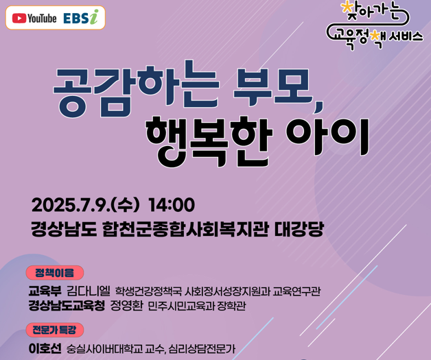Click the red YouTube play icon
coord(19,19)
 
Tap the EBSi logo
coord(81,17)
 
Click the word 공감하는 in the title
coord(136,89)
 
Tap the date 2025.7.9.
coord(71,205)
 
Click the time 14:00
coord(172,205)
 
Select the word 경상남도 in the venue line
coord(64,229)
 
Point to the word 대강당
coord(299,229)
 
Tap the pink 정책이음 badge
coord(55,273)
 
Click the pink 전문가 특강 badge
coord(55,330)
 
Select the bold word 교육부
coord(45,291)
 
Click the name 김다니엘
coord(89,291)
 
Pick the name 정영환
coord(126,306)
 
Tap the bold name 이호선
coord(45,348)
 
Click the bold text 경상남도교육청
coord(67,306)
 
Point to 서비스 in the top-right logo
coord(406,36)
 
